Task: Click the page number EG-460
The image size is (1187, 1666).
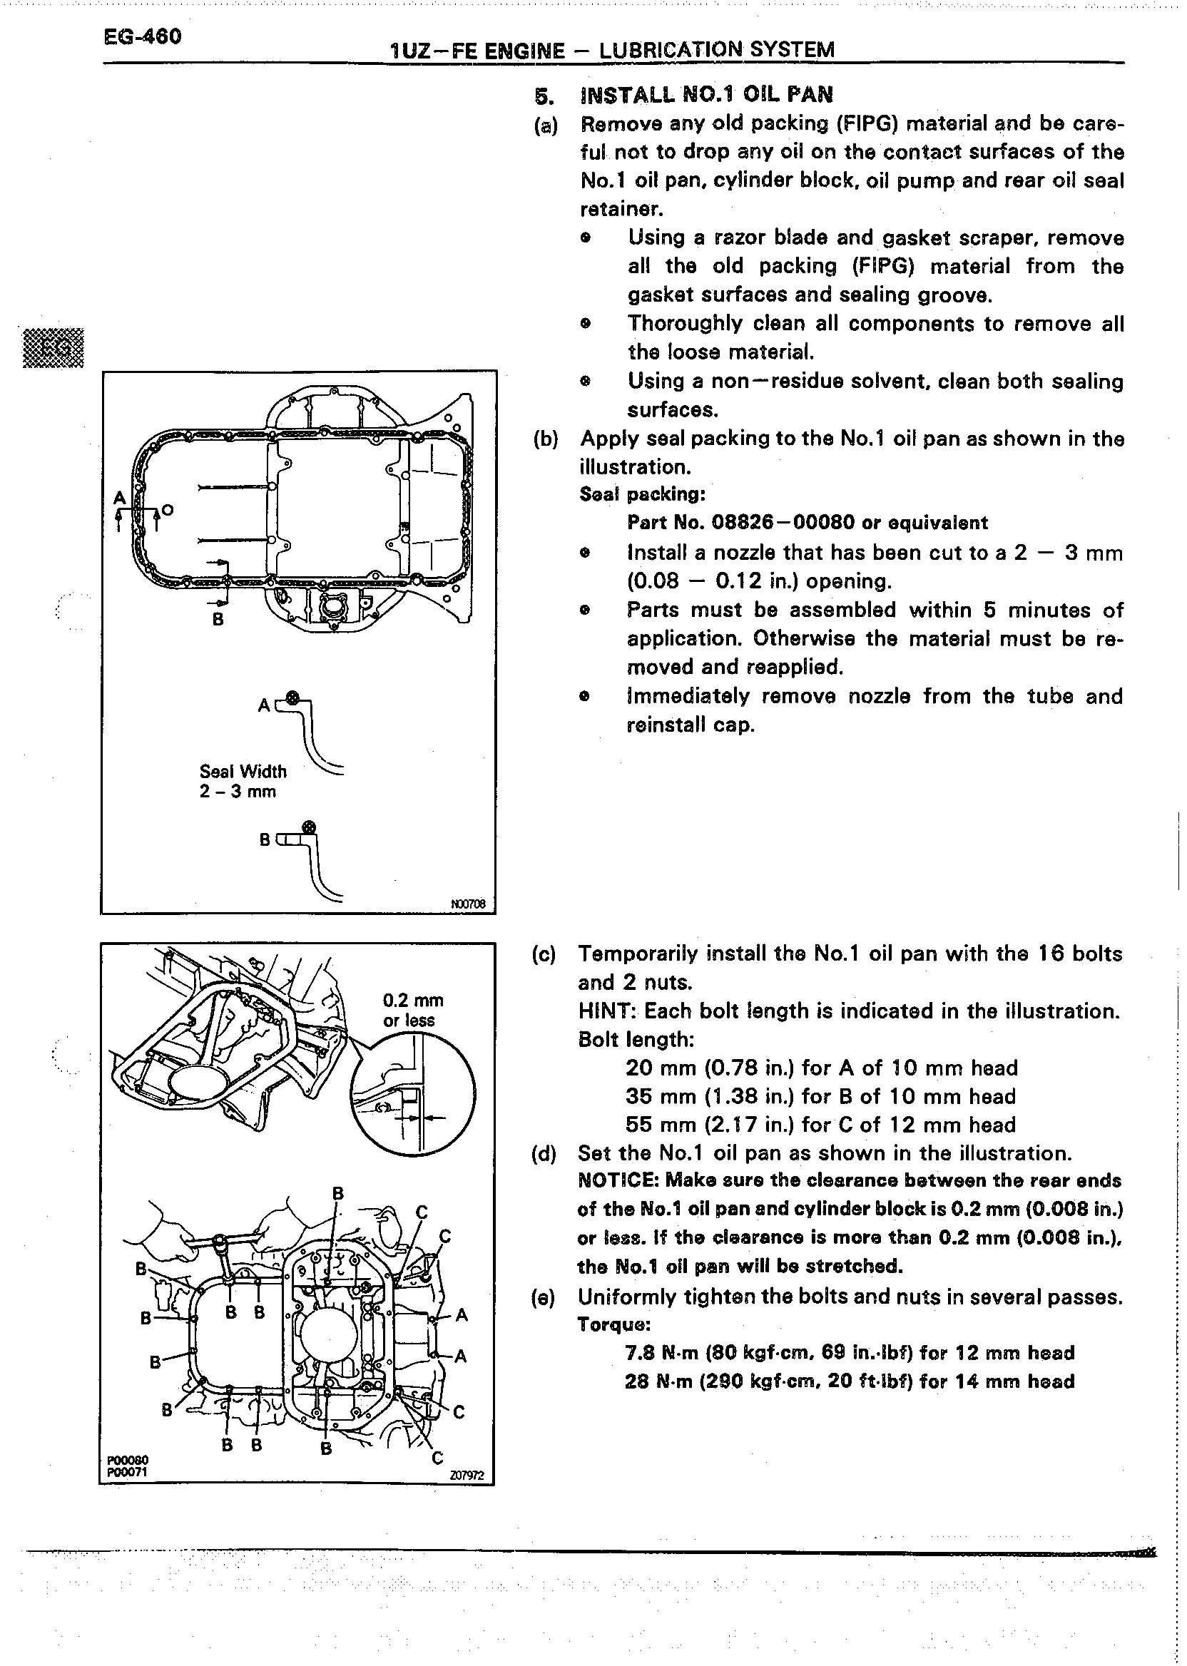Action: [x=143, y=36]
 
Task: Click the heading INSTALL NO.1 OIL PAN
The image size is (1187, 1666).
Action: [x=706, y=95]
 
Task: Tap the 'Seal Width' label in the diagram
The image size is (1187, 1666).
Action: [x=243, y=772]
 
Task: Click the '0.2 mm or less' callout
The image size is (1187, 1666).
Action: [x=413, y=1011]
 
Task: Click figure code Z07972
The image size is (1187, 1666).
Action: [x=467, y=1476]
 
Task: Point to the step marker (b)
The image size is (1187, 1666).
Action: [x=545, y=439]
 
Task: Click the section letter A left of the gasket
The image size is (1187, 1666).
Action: [x=119, y=499]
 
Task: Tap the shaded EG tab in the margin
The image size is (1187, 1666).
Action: [x=54, y=349]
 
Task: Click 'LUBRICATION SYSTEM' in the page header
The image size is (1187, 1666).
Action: [x=716, y=51]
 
